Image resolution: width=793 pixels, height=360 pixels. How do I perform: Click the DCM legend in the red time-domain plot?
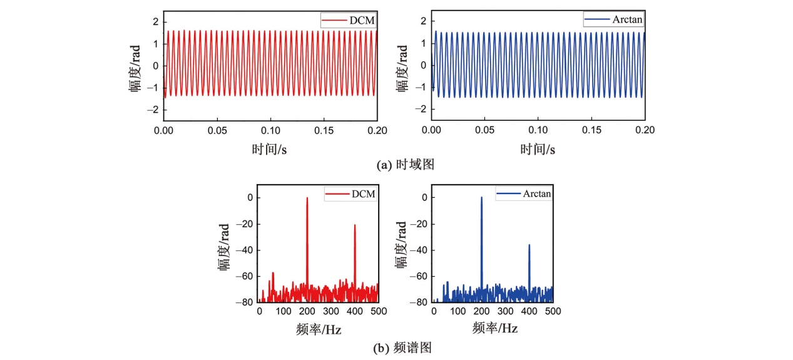(x=349, y=21)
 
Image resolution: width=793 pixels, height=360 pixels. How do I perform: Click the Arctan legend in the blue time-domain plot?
(x=614, y=20)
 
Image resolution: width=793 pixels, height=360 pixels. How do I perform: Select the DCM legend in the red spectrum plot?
(x=350, y=194)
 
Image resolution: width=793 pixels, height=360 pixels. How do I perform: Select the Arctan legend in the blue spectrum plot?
(x=524, y=194)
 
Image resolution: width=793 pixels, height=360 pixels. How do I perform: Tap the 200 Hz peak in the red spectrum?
(x=307, y=199)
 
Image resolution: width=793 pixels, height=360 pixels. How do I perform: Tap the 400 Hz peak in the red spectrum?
(x=355, y=226)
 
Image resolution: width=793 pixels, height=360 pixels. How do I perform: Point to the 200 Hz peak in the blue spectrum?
(x=481, y=198)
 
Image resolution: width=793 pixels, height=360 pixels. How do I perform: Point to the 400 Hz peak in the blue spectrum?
(x=530, y=246)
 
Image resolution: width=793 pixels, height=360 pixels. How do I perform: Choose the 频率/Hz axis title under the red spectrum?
(x=319, y=329)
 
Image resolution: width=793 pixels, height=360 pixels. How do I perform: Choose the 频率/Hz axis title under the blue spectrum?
(x=494, y=329)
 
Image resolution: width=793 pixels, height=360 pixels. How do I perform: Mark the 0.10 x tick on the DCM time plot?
(x=270, y=131)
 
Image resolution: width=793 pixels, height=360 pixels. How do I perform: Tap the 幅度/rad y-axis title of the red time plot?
(x=136, y=66)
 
